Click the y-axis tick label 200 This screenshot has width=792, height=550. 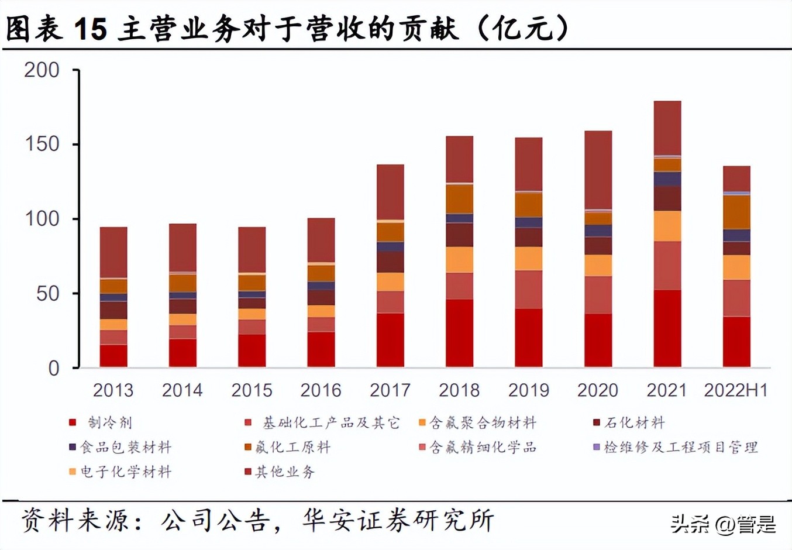point(42,70)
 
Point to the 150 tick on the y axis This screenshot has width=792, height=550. point(42,145)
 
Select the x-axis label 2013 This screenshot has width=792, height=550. point(113,390)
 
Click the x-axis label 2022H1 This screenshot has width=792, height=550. point(736,390)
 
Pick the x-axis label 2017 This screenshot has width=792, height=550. point(390,390)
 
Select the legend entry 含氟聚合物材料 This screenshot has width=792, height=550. point(482,422)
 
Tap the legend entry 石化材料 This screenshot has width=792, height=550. point(634,422)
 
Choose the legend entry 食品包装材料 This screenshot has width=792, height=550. point(125,448)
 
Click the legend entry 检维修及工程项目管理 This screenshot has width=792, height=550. point(681,448)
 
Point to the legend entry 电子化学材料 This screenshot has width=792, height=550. point(125,472)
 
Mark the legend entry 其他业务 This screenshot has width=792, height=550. point(285,472)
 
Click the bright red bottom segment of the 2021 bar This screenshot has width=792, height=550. point(667,328)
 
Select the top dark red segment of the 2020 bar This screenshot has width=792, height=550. point(598,170)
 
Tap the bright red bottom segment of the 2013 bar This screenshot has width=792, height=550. point(113,356)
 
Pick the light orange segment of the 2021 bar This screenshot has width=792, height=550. point(667,226)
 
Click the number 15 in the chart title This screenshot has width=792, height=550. point(91,28)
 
